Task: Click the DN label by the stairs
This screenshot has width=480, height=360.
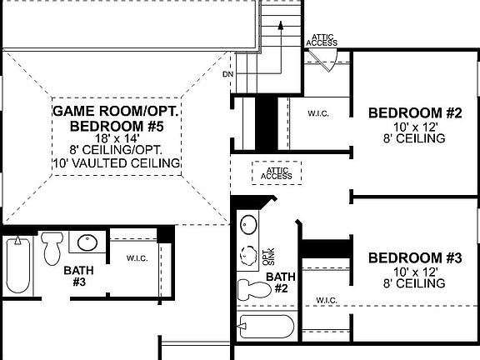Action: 227,74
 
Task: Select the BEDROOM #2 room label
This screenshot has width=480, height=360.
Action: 415,112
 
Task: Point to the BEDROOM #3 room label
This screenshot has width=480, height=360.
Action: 415,257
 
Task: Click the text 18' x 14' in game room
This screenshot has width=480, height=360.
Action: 117,137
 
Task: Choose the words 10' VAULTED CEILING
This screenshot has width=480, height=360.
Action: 117,163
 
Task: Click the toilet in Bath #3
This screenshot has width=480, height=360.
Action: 52,247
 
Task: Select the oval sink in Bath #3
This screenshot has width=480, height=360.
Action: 87,242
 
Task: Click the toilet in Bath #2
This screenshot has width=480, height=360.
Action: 249,289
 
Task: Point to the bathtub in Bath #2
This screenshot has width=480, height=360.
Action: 266,326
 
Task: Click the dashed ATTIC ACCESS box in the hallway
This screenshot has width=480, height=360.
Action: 276,172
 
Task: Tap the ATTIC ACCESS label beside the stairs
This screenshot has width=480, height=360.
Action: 322,40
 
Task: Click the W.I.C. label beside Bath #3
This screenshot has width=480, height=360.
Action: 137,258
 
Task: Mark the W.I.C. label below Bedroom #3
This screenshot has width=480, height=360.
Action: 327,300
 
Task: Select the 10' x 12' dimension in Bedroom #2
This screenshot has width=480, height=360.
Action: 415,127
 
